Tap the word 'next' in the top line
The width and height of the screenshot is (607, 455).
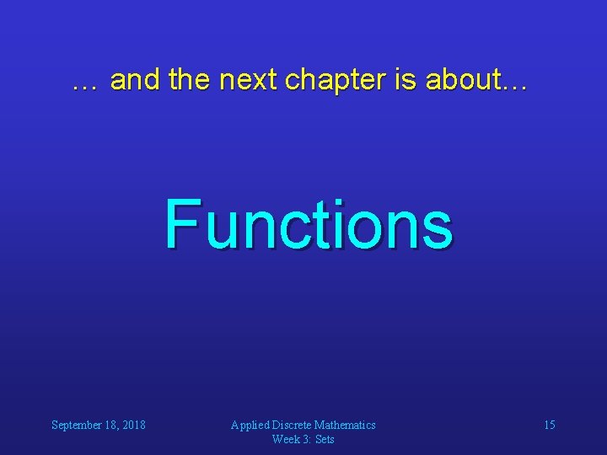click(x=250, y=80)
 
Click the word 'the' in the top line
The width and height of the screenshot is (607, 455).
click(x=190, y=80)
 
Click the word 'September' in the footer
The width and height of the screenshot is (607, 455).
click(x=76, y=426)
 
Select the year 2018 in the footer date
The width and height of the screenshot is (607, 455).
click(x=132, y=425)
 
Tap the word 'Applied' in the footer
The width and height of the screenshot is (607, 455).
click(x=250, y=426)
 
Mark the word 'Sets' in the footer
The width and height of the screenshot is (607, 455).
click(x=325, y=439)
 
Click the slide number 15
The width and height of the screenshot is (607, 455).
click(x=549, y=425)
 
